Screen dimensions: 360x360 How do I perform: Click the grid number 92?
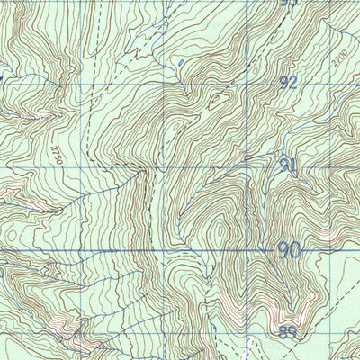click(288, 82)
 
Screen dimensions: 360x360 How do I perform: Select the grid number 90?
click(288, 249)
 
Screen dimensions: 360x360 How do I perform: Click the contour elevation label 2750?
click(56, 152)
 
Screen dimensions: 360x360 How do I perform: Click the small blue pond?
click(183, 62)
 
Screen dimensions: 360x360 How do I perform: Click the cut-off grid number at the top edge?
click(288, 3)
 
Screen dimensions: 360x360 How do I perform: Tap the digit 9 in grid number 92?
click(283, 82)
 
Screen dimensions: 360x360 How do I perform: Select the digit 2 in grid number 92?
click(293, 82)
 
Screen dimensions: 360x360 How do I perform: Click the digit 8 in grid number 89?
click(283, 331)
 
